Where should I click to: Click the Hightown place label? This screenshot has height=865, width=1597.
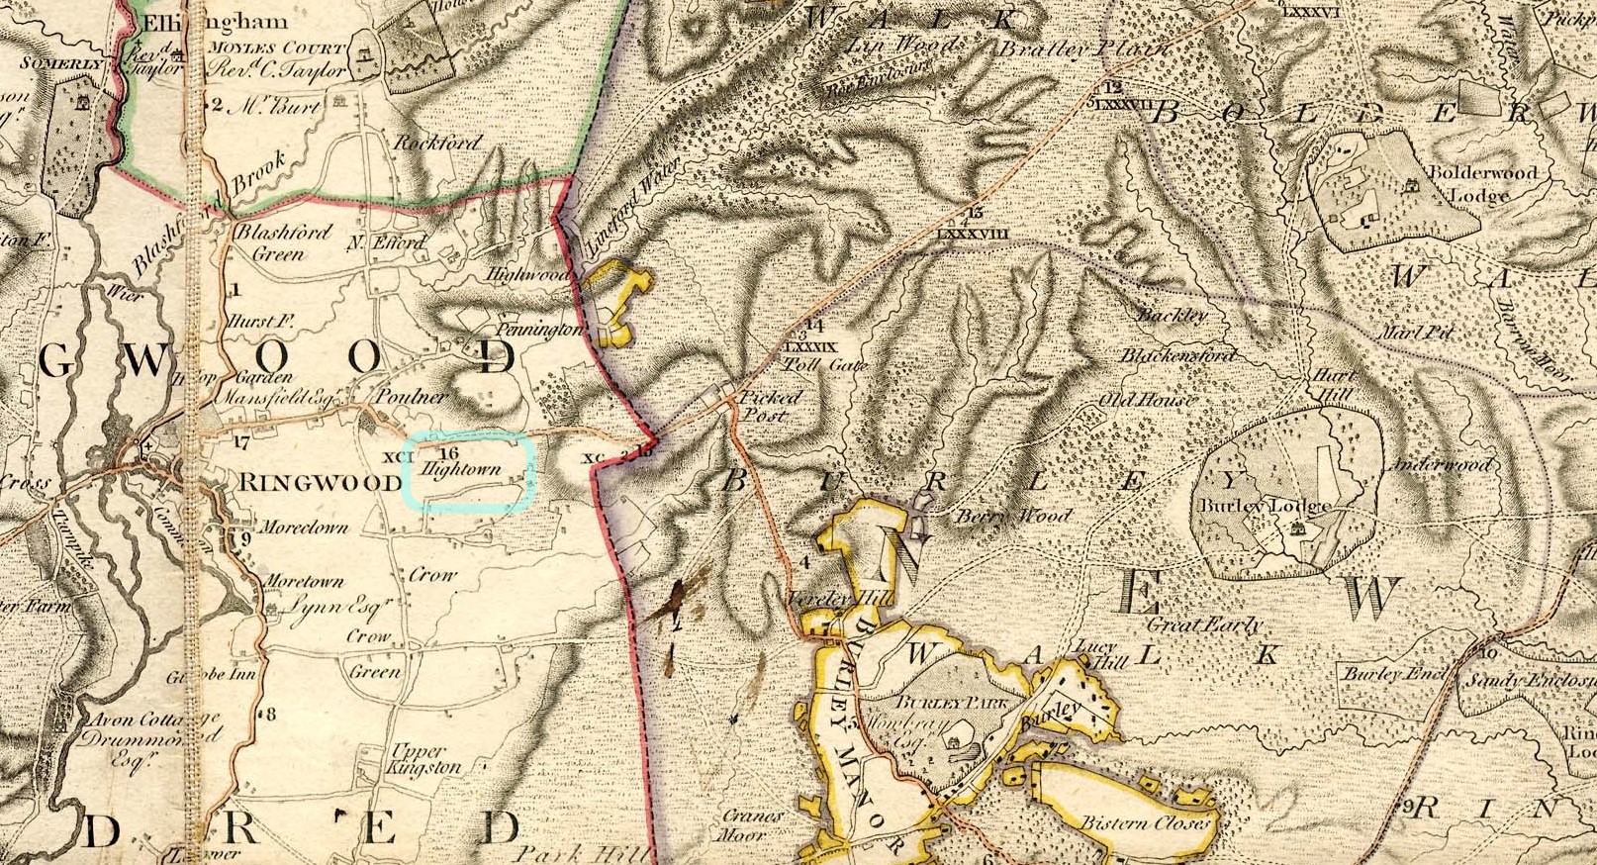[x=461, y=469]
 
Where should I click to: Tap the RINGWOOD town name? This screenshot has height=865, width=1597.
[x=304, y=483]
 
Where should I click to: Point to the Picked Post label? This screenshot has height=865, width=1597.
[x=771, y=406]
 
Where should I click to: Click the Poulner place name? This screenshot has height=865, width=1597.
[x=410, y=396]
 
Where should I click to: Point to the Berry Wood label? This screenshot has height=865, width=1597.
[x=1012, y=516]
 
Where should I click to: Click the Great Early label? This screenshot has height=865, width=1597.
[x=1203, y=625]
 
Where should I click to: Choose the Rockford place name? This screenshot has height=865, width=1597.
[x=437, y=143]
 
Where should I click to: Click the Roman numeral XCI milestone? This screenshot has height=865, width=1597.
[x=398, y=457]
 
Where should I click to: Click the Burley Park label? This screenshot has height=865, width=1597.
[x=951, y=702]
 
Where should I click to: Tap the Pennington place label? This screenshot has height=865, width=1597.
[x=539, y=329]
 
